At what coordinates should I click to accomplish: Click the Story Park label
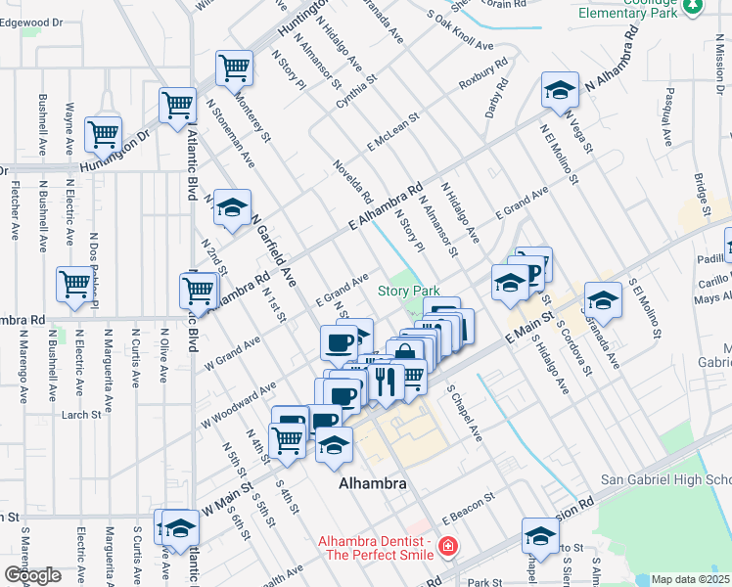[x=409, y=291]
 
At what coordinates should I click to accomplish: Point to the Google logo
[x=32, y=575]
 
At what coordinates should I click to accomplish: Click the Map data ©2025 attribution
[x=690, y=579]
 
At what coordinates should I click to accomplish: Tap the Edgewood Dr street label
[x=32, y=22]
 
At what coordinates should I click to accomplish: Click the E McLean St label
[x=393, y=131]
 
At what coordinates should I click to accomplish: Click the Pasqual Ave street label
[x=673, y=111]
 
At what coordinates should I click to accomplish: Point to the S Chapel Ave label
[x=464, y=412]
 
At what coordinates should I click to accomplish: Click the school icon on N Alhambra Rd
[x=560, y=92]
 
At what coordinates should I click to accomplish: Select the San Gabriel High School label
[x=665, y=480]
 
